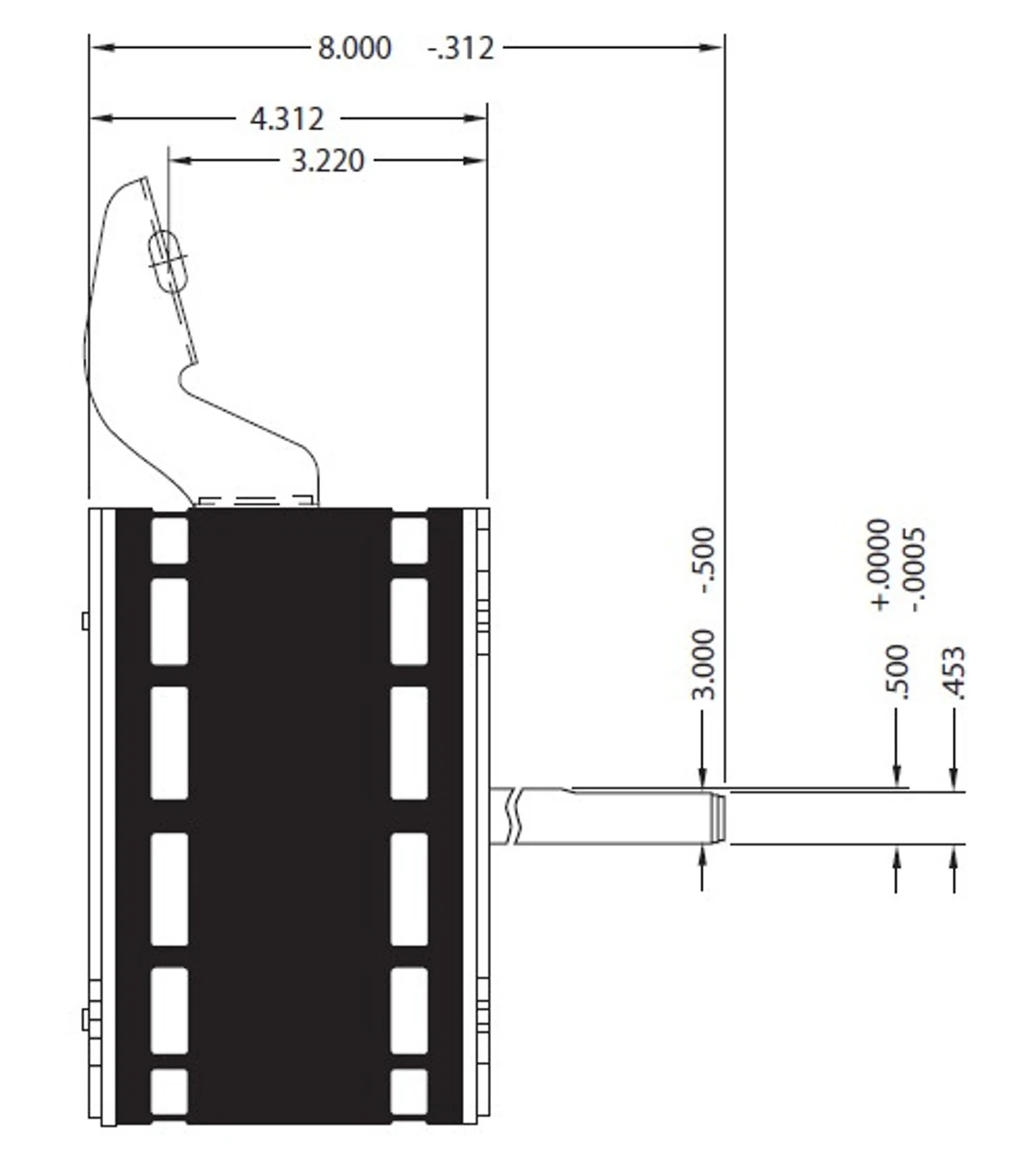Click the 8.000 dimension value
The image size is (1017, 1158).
[x=354, y=48]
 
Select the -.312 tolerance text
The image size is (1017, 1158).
[x=460, y=48]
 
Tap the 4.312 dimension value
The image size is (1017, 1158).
[x=287, y=119]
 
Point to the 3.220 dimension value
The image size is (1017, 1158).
[x=328, y=161]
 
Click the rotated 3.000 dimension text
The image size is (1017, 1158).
[x=703, y=664]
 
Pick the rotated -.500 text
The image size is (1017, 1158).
[x=703, y=560]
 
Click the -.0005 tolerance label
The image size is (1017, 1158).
[x=915, y=569]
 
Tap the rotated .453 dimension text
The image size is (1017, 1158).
[x=954, y=673]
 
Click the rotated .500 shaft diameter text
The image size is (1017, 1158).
[x=897, y=672]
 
